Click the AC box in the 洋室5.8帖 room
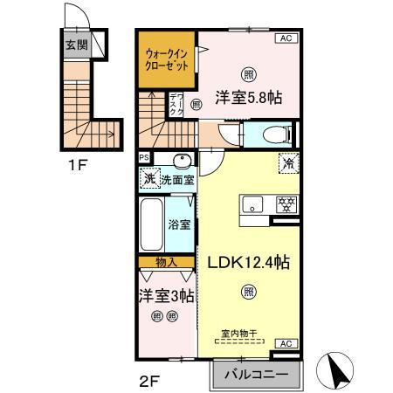point(286,38)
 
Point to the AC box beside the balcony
point(286,344)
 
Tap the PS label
point(144,158)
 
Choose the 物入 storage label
point(166,261)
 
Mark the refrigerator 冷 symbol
point(286,162)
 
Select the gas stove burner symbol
point(284,204)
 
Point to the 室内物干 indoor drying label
point(249,334)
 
